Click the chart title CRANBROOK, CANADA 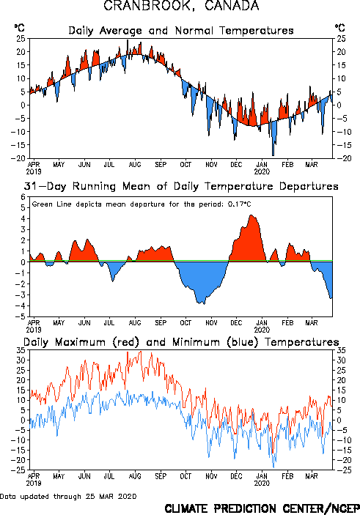181,6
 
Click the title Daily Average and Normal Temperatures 181,31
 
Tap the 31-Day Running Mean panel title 181,186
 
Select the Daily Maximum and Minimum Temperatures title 181,342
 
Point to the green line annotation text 142,204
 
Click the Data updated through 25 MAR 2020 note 68,496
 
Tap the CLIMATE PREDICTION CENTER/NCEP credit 262,508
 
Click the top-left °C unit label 19,28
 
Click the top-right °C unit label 340,28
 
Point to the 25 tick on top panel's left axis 21,39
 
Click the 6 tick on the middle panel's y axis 23,197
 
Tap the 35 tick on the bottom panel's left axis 21,350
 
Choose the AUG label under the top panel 135,165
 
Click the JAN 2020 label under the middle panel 262,326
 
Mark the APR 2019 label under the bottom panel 34,480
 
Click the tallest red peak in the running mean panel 251,215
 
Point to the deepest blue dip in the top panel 273,155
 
